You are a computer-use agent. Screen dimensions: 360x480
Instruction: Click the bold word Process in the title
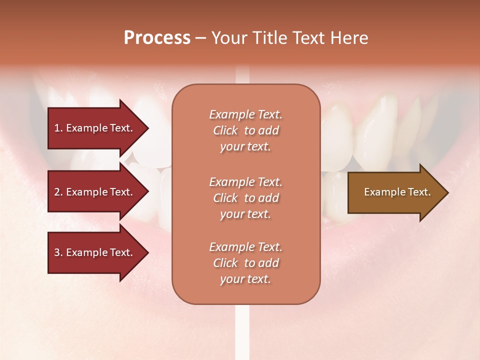(157, 38)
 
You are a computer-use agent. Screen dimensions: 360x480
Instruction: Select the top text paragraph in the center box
(245, 130)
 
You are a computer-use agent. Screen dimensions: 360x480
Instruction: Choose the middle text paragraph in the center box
(245, 198)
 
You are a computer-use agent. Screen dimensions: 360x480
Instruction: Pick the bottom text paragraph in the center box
(245, 263)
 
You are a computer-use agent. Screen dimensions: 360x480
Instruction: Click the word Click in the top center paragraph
(225, 130)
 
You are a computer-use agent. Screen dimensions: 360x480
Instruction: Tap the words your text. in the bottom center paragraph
(245, 279)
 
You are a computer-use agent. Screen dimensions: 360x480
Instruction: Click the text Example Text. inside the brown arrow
(397, 192)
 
